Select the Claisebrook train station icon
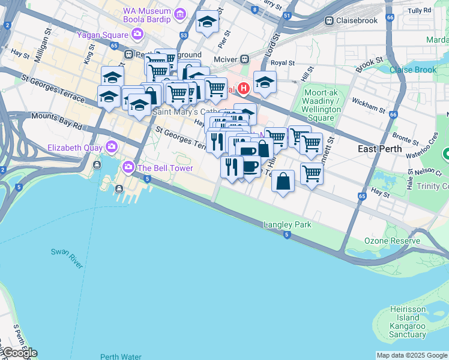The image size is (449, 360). click(330, 20)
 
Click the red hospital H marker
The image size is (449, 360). click(243, 89)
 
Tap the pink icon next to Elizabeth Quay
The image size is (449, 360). click(112, 146)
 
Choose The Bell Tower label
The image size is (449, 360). click(165, 168)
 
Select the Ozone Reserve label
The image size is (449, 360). click(392, 241)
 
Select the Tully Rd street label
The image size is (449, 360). click(419, 11)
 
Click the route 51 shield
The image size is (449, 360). click(287, 16)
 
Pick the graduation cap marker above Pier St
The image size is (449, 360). click(207, 23)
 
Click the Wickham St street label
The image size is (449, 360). click(369, 105)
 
